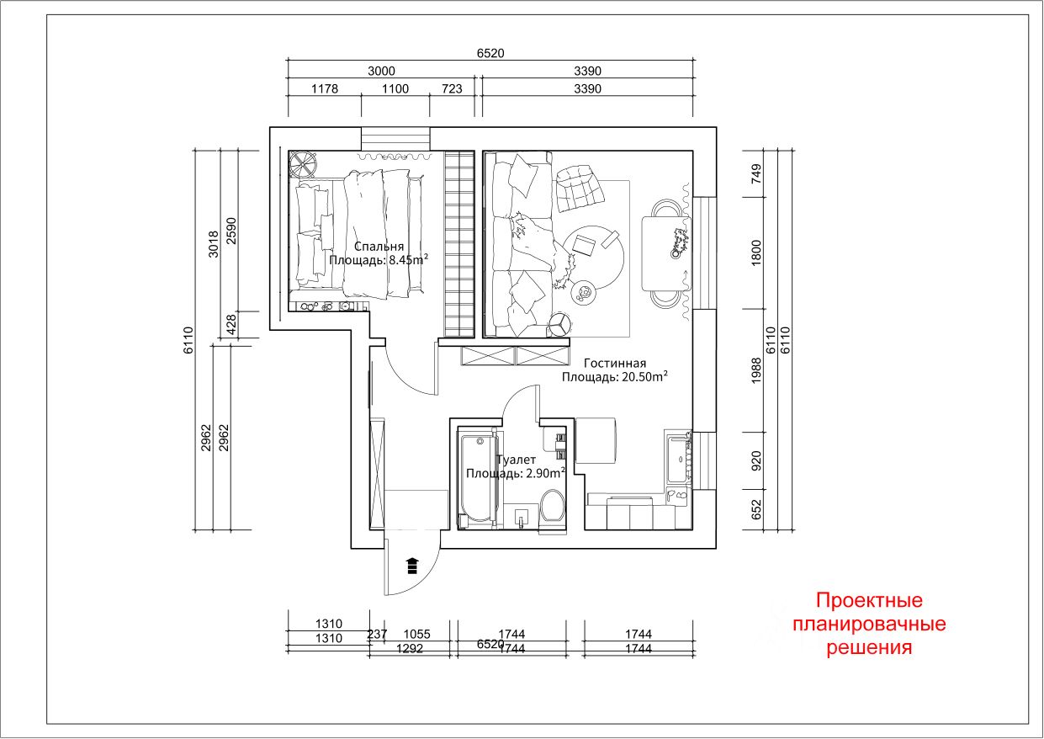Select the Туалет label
coord(516,460)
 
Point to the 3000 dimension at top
coord(381,72)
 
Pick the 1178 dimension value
coord(324,88)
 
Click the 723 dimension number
coord(452,88)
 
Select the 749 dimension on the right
coord(756,174)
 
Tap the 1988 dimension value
coord(756,370)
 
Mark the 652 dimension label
coord(756,510)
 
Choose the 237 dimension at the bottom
coord(377,634)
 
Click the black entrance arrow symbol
coord(411,564)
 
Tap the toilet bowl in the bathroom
coord(553,508)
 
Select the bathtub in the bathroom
coord(477,478)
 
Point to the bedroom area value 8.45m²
coord(404,260)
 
